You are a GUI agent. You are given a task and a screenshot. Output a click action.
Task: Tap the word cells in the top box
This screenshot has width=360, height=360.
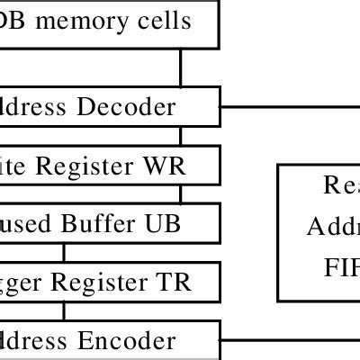tap(164, 19)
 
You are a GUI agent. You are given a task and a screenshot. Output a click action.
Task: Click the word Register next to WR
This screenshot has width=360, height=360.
tap(119, 165)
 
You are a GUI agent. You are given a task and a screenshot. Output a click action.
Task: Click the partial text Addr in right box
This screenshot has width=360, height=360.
tap(333, 225)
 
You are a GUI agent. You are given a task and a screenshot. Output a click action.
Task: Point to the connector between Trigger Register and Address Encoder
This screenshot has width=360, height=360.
tap(63, 310)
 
